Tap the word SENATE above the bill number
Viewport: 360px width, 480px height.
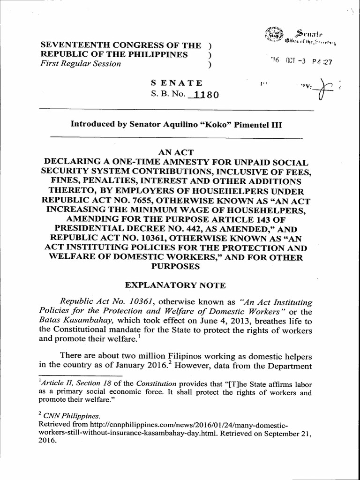pyautogui.click(x=176, y=83)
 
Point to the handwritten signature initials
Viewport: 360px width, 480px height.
pyautogui.click(x=323, y=89)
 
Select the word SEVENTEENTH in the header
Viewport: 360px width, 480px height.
pyautogui.click(x=70, y=45)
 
